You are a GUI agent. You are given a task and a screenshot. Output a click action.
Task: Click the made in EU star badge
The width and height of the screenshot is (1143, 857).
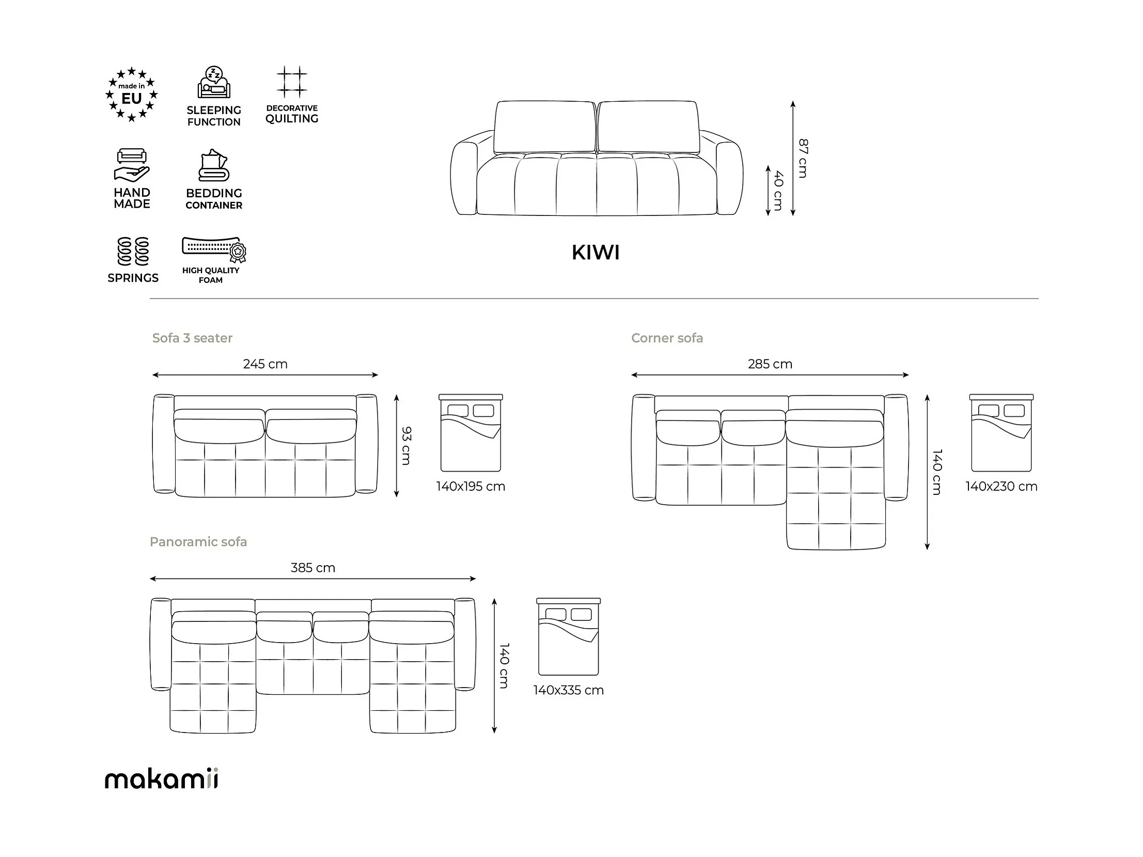point(131,95)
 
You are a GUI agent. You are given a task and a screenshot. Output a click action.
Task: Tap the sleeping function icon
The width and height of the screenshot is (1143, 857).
point(214,83)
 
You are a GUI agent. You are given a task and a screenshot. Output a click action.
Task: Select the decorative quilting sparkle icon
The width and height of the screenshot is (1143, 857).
point(292,82)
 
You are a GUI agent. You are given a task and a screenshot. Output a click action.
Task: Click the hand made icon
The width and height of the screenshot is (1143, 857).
point(132,165)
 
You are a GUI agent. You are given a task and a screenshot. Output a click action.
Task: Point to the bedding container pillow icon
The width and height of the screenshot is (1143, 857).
point(214,165)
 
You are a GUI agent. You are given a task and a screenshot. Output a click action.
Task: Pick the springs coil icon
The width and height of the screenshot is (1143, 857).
point(133,251)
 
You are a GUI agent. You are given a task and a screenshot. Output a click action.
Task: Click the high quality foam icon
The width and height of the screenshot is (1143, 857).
point(214,248)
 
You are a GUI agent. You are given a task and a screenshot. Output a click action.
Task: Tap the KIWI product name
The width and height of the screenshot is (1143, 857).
point(596,253)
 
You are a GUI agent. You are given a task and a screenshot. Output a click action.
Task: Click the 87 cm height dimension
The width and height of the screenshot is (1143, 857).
point(803,158)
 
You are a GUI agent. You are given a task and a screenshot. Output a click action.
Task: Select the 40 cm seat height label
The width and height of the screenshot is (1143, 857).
point(778,190)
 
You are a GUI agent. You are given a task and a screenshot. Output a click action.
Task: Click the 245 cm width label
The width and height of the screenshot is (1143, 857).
point(265,364)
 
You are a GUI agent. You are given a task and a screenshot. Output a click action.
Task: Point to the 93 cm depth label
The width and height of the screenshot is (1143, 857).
point(406,446)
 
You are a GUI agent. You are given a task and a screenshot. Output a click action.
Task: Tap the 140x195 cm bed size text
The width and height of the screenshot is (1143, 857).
point(470,487)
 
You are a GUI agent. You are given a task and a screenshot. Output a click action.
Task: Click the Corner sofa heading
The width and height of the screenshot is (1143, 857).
point(667,338)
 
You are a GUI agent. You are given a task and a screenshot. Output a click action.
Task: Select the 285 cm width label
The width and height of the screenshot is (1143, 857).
point(770,364)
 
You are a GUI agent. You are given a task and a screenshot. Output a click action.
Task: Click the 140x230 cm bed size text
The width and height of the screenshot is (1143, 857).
point(1001,487)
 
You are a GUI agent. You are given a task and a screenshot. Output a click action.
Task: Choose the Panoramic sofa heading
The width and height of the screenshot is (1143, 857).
point(198,542)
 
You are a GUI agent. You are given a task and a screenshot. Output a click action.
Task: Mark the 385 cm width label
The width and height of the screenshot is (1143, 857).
point(312,568)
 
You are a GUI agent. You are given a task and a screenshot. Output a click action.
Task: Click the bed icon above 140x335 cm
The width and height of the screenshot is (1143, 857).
point(568,637)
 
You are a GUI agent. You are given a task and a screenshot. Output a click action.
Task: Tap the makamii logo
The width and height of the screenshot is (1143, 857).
point(161,778)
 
